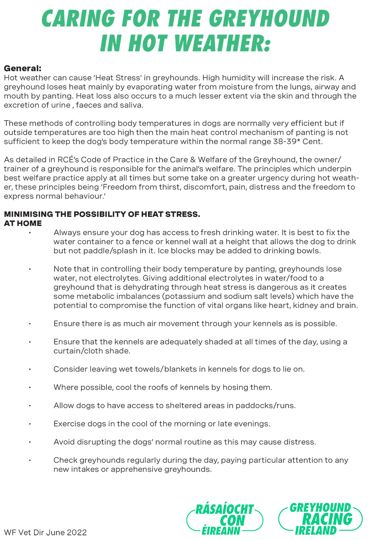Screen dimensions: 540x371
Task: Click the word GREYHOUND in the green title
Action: coord(269,19)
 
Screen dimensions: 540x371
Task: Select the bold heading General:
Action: coord(23,68)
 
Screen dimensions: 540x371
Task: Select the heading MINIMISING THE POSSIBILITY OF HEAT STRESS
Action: coord(102,214)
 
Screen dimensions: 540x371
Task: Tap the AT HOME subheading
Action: coord(23,223)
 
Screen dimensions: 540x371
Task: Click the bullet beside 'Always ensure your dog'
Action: coord(29,233)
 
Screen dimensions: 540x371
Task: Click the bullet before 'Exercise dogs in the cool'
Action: coord(29,424)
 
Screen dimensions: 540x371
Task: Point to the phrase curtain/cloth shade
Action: coord(92,351)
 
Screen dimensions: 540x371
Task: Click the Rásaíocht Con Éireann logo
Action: coord(224,519)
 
